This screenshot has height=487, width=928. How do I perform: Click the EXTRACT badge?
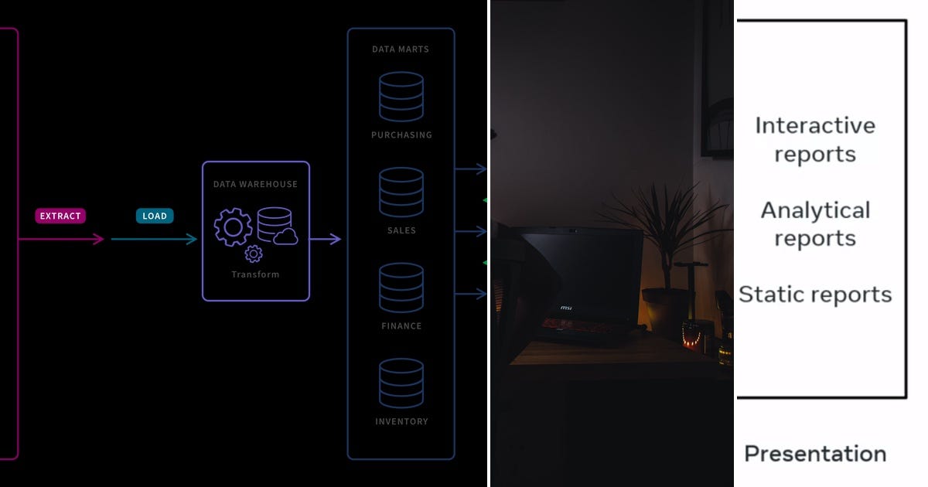click(x=60, y=216)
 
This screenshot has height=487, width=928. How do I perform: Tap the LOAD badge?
click(x=155, y=216)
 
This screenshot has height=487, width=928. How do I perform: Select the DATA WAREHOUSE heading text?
click(x=255, y=184)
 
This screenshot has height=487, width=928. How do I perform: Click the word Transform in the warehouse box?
click(x=255, y=274)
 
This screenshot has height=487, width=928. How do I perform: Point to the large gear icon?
click(x=233, y=226)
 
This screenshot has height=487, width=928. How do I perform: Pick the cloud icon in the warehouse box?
click(x=285, y=237)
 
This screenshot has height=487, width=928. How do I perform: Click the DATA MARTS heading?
click(x=401, y=49)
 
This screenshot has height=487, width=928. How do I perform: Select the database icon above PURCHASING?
click(x=401, y=96)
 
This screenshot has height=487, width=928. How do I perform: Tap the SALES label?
click(x=401, y=230)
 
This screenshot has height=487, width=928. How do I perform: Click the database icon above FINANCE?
click(x=401, y=288)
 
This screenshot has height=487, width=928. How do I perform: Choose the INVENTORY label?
click(x=401, y=421)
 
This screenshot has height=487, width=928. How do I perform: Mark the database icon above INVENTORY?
click(x=401, y=383)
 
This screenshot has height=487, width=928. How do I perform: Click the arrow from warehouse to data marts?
click(x=326, y=240)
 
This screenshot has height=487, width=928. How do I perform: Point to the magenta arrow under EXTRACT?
click(x=62, y=240)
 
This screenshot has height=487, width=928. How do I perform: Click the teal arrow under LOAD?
click(x=155, y=240)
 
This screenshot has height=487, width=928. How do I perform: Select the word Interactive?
click(x=815, y=125)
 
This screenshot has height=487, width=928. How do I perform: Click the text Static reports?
click(x=815, y=295)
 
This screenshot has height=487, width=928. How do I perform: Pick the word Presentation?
click(x=815, y=454)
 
